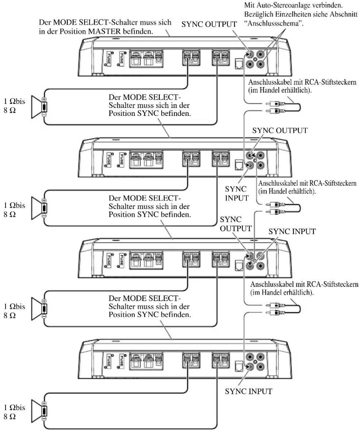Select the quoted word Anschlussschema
click(274, 23)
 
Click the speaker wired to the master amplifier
click(39, 107)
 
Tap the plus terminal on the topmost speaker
click(44, 99)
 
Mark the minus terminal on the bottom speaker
click(44, 419)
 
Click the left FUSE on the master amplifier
click(109, 58)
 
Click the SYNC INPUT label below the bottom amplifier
click(248, 391)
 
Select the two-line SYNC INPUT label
click(237, 193)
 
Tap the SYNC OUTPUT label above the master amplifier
click(209, 24)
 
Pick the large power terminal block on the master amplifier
click(146, 59)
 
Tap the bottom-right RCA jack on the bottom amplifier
click(260, 367)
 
